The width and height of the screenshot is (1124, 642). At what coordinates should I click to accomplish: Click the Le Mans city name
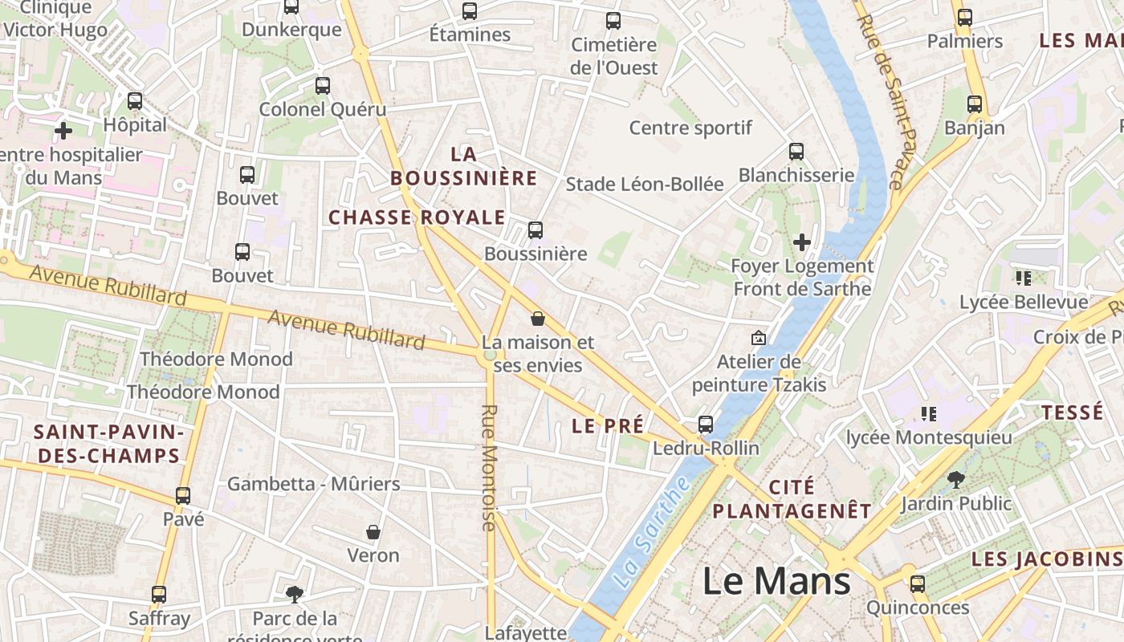tap(776, 581)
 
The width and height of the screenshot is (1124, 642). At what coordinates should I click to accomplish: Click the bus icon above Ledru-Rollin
tap(706, 424)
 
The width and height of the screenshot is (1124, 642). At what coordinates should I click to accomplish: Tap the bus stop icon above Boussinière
tap(536, 230)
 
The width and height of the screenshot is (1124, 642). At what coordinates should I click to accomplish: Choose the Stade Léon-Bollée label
tap(645, 184)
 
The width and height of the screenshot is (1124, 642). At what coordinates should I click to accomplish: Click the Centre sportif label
tap(690, 128)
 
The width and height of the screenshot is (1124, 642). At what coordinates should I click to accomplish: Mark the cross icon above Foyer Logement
tap(801, 242)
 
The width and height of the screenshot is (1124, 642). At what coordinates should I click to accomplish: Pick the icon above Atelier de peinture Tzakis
tap(758, 338)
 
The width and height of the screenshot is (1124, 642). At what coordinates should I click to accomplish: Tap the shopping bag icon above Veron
tap(373, 531)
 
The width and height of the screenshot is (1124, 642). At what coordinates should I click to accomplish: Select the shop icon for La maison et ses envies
tap(538, 319)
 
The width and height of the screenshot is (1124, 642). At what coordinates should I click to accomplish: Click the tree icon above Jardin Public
tap(955, 480)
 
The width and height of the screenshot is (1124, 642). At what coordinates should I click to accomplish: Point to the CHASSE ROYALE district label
tap(417, 217)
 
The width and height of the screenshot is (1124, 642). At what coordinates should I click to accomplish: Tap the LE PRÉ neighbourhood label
tap(608, 426)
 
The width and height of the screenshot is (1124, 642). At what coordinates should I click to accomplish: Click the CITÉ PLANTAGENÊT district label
tap(792, 499)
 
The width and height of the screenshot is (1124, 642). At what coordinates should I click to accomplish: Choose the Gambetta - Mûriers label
tap(313, 484)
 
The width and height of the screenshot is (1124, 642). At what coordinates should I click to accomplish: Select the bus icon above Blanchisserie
tap(796, 151)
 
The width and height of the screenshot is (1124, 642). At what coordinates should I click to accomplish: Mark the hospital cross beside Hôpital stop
tap(63, 130)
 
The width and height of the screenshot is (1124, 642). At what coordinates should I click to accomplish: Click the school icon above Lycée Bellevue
tap(1024, 278)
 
